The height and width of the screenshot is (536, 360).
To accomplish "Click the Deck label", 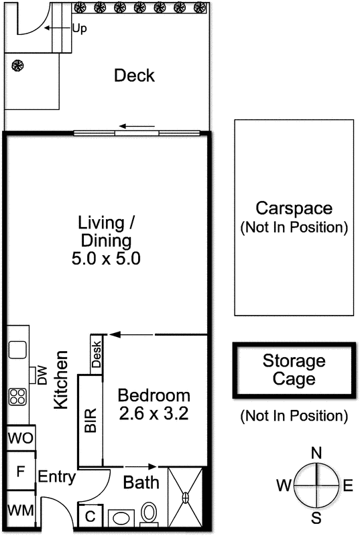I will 134,75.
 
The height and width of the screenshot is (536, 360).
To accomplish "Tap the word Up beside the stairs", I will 80,29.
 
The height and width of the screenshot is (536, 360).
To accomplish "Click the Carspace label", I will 294,208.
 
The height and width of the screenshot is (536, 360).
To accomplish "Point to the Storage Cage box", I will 294,371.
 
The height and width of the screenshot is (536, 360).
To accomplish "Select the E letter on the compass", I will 347,486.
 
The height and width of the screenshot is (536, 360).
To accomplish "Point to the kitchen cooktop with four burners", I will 16,397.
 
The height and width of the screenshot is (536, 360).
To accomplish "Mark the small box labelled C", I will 90,517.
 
